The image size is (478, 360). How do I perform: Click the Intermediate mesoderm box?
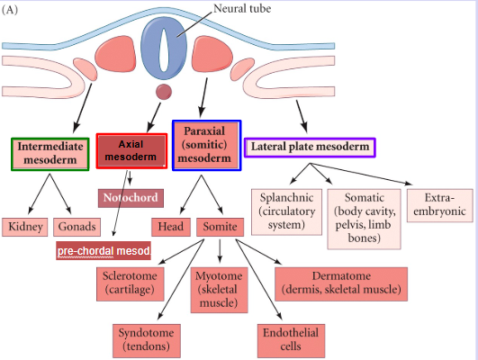point(50,154)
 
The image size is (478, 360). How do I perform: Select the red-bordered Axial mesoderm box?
point(131,150)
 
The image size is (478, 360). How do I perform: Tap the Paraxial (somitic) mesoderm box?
point(206,145)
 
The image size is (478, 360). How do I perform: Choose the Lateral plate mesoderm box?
point(310,146)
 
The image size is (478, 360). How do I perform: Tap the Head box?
point(171,227)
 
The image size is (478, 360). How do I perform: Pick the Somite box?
point(220,227)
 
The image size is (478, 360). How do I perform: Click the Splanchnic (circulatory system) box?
point(286,211)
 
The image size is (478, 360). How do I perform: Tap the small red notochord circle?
point(164,92)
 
